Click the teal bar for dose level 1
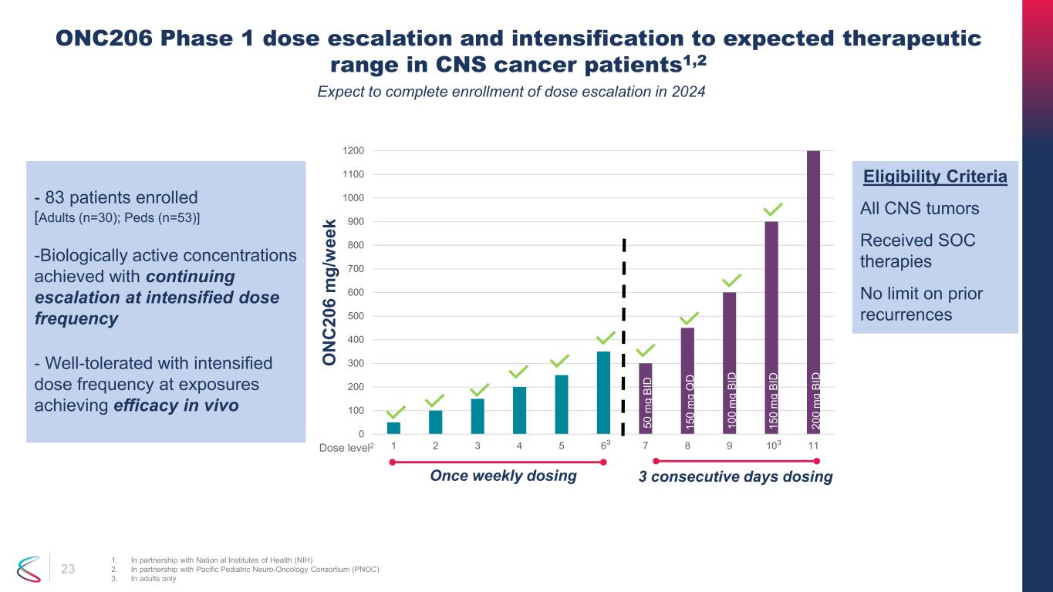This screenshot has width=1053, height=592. pos(393,428)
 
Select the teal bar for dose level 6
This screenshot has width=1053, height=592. pos(603,392)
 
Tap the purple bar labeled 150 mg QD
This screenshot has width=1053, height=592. pos(687,381)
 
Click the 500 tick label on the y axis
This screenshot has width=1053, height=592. pos(356,316)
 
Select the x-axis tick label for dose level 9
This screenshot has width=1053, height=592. pos(729,446)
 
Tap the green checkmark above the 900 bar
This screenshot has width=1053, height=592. pos(772,209)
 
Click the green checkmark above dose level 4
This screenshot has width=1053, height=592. pos(519,372)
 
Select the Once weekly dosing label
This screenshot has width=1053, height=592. pos(503,476)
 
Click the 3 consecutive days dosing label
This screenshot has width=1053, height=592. pos(735,477)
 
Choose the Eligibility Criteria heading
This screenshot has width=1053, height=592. pos(934,177)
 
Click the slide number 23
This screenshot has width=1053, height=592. pos(68,570)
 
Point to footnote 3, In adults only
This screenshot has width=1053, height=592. pos(149,580)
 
